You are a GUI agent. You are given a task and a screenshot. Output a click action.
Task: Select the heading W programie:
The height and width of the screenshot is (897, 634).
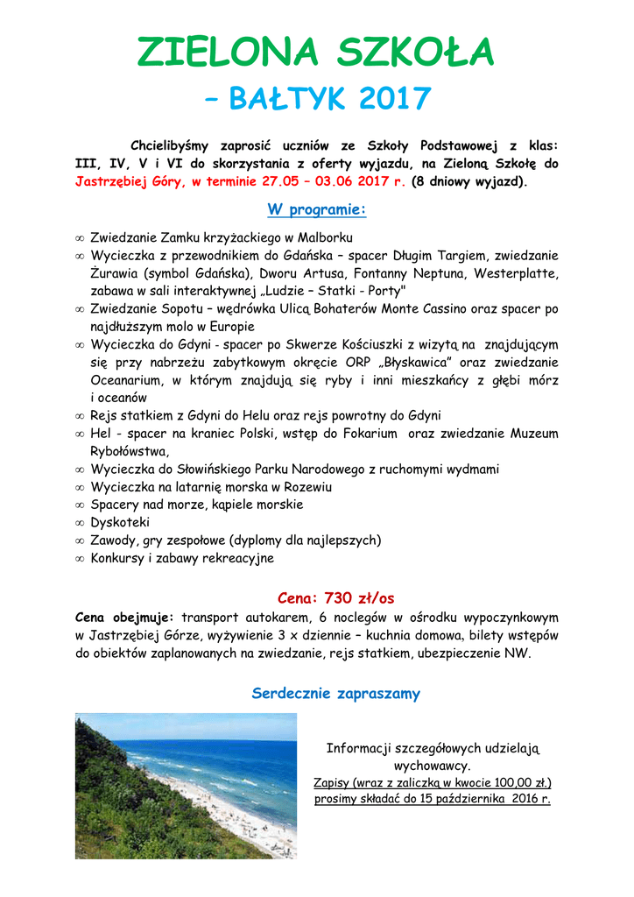(x=316, y=210)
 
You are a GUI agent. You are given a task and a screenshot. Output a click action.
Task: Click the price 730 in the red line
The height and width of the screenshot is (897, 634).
(x=337, y=598)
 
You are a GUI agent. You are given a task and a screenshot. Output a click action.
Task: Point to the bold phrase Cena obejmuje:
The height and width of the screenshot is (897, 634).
(x=125, y=618)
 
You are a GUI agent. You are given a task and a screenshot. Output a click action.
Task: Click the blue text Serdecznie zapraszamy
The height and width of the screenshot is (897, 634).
(x=336, y=694)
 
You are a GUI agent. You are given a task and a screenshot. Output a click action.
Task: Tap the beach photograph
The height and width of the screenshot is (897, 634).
(x=186, y=785)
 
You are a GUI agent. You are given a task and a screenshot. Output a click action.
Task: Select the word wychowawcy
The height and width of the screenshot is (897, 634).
(x=433, y=765)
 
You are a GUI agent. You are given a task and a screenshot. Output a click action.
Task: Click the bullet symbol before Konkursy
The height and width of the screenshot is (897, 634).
(x=80, y=558)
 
